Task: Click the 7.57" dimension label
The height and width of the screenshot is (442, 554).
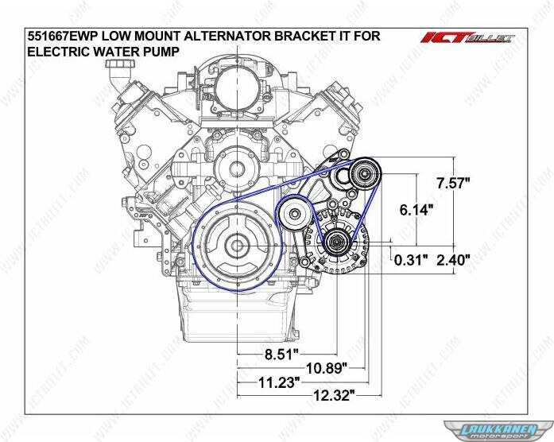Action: (453, 183)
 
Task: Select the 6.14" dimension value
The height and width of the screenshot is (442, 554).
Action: (416, 210)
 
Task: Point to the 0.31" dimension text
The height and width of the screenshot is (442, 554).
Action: (411, 261)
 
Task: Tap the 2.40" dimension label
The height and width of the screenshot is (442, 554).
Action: (453, 261)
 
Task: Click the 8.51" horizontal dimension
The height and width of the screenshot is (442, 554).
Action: (281, 355)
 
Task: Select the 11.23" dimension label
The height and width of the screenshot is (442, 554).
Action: (279, 382)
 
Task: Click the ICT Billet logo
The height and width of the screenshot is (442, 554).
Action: (467, 37)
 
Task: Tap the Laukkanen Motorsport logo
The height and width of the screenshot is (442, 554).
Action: (499, 431)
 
